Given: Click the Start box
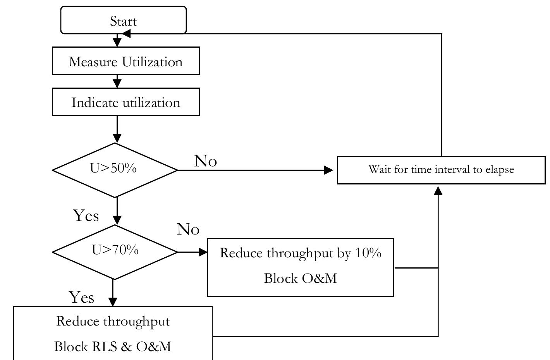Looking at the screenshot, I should click(x=123, y=20).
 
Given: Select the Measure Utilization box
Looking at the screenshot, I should click(x=125, y=61).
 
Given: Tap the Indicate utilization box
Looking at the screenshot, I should click(x=125, y=102).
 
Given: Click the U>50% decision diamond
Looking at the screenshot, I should click(x=115, y=170).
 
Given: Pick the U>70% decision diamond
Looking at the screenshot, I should click(x=115, y=251).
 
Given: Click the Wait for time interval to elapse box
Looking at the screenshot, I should click(x=441, y=170).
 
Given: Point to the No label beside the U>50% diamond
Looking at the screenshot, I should click(x=205, y=161).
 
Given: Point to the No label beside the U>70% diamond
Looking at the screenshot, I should click(x=188, y=229).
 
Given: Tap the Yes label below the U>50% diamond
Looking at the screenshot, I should click(x=86, y=215).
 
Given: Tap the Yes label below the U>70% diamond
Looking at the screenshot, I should click(x=82, y=297).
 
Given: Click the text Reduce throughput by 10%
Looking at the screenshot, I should click(x=301, y=253).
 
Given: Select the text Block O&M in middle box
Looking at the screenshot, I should click(x=300, y=278).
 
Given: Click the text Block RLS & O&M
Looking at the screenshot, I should click(x=112, y=346).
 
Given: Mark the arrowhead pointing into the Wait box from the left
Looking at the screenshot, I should click(x=328, y=170).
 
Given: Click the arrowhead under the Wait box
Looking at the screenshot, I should click(x=438, y=191).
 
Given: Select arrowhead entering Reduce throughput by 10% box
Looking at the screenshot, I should click(x=203, y=252).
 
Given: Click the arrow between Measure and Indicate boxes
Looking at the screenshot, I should click(x=117, y=82).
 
